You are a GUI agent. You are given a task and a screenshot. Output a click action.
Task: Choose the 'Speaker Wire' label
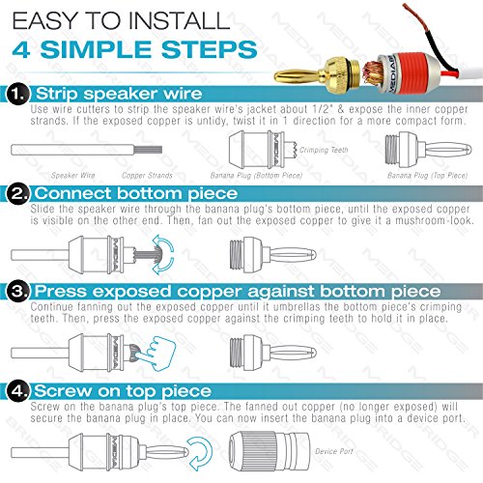(64, 177)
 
